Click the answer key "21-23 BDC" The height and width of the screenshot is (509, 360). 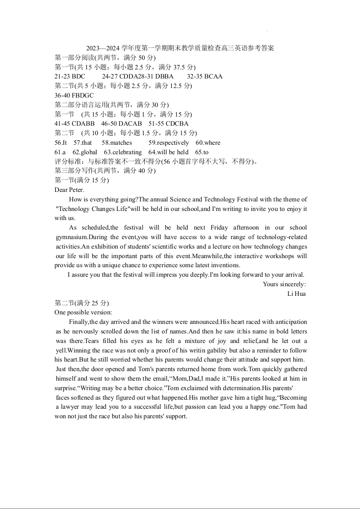[69, 76]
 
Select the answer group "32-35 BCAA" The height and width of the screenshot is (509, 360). [205, 76]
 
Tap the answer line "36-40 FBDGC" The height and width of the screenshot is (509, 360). [74, 95]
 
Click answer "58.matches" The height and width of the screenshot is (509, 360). [117, 142]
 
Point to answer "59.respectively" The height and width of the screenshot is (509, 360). [168, 142]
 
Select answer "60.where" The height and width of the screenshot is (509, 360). [208, 142]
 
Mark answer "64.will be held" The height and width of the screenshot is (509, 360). [168, 152]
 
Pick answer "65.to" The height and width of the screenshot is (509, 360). [202, 152]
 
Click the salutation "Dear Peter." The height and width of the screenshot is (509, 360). [69, 190]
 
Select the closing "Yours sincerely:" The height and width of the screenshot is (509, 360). [284, 284]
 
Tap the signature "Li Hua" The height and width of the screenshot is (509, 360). [296, 294]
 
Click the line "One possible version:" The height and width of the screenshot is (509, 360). [83, 312]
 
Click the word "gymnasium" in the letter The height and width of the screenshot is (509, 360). [71, 237]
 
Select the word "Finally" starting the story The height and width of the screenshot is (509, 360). [79, 322]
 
